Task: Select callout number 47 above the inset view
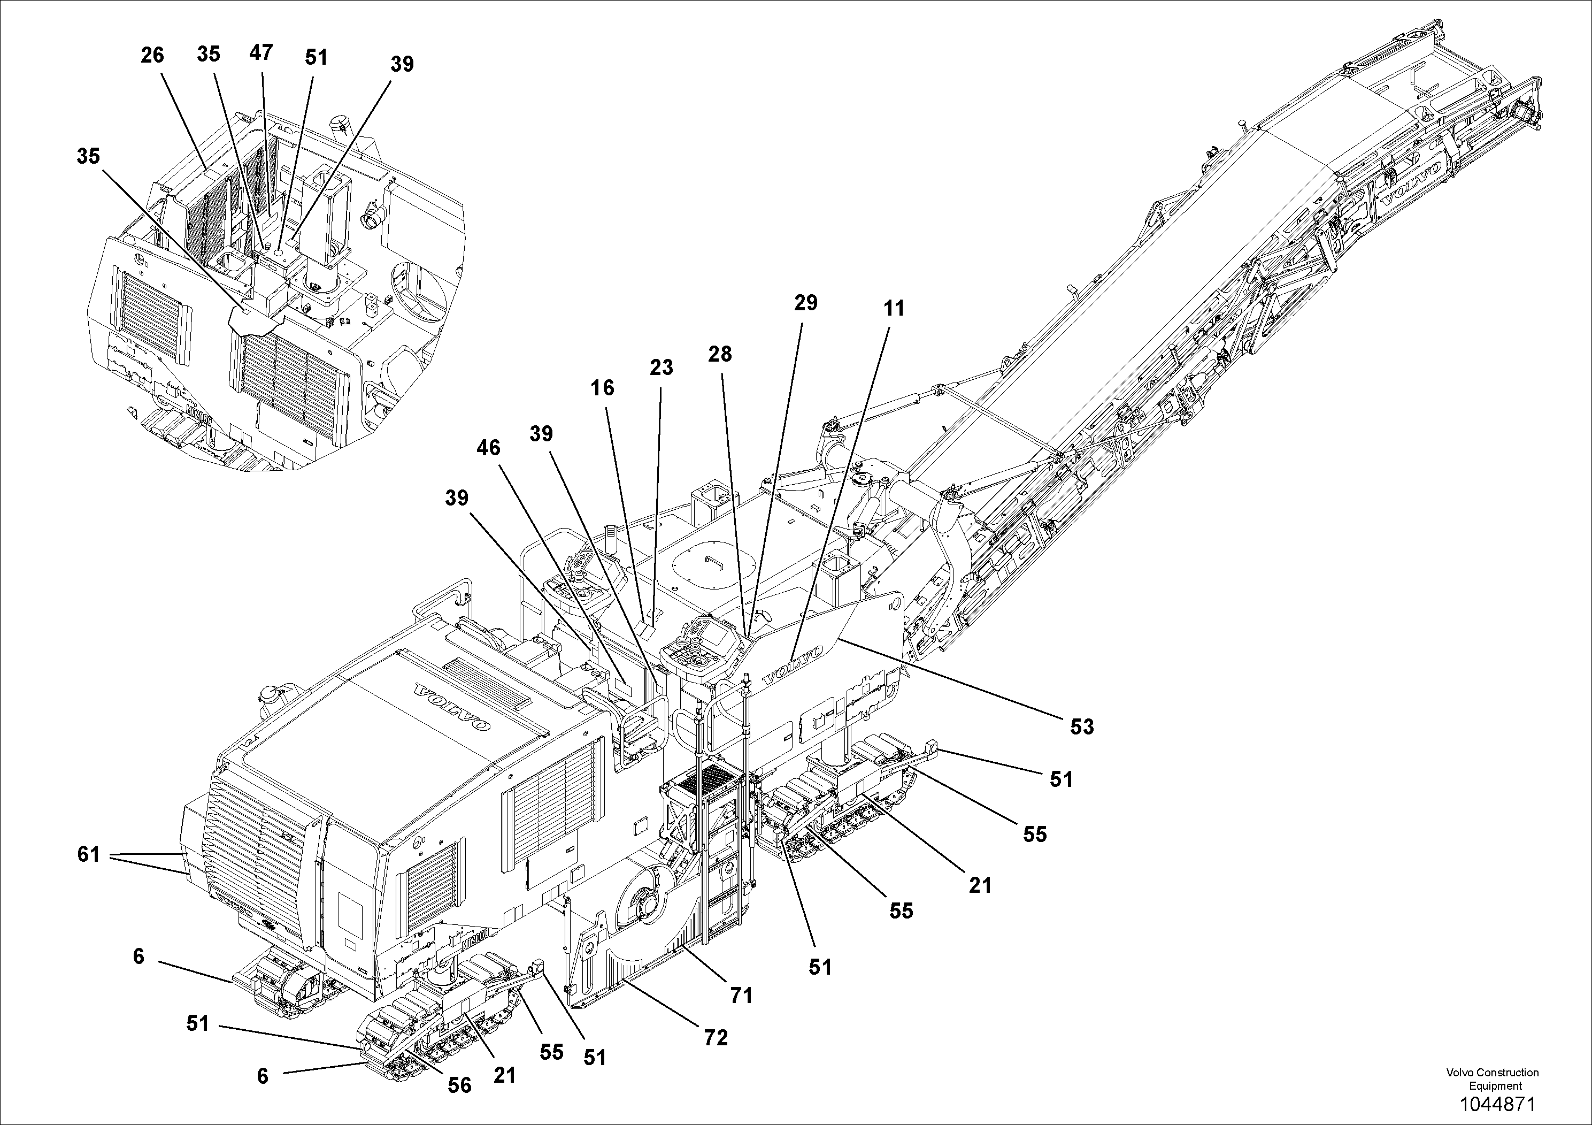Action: click(x=261, y=53)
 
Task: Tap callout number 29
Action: click(x=806, y=303)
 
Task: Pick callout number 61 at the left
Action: click(x=89, y=854)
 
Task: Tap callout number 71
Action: click(x=741, y=996)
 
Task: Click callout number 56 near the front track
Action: click(x=459, y=1085)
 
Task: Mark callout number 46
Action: click(x=488, y=448)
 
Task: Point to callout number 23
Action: click(x=661, y=368)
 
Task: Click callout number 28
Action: click(x=720, y=355)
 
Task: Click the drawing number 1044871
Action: click(x=1498, y=1104)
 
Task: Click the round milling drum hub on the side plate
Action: click(x=648, y=905)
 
